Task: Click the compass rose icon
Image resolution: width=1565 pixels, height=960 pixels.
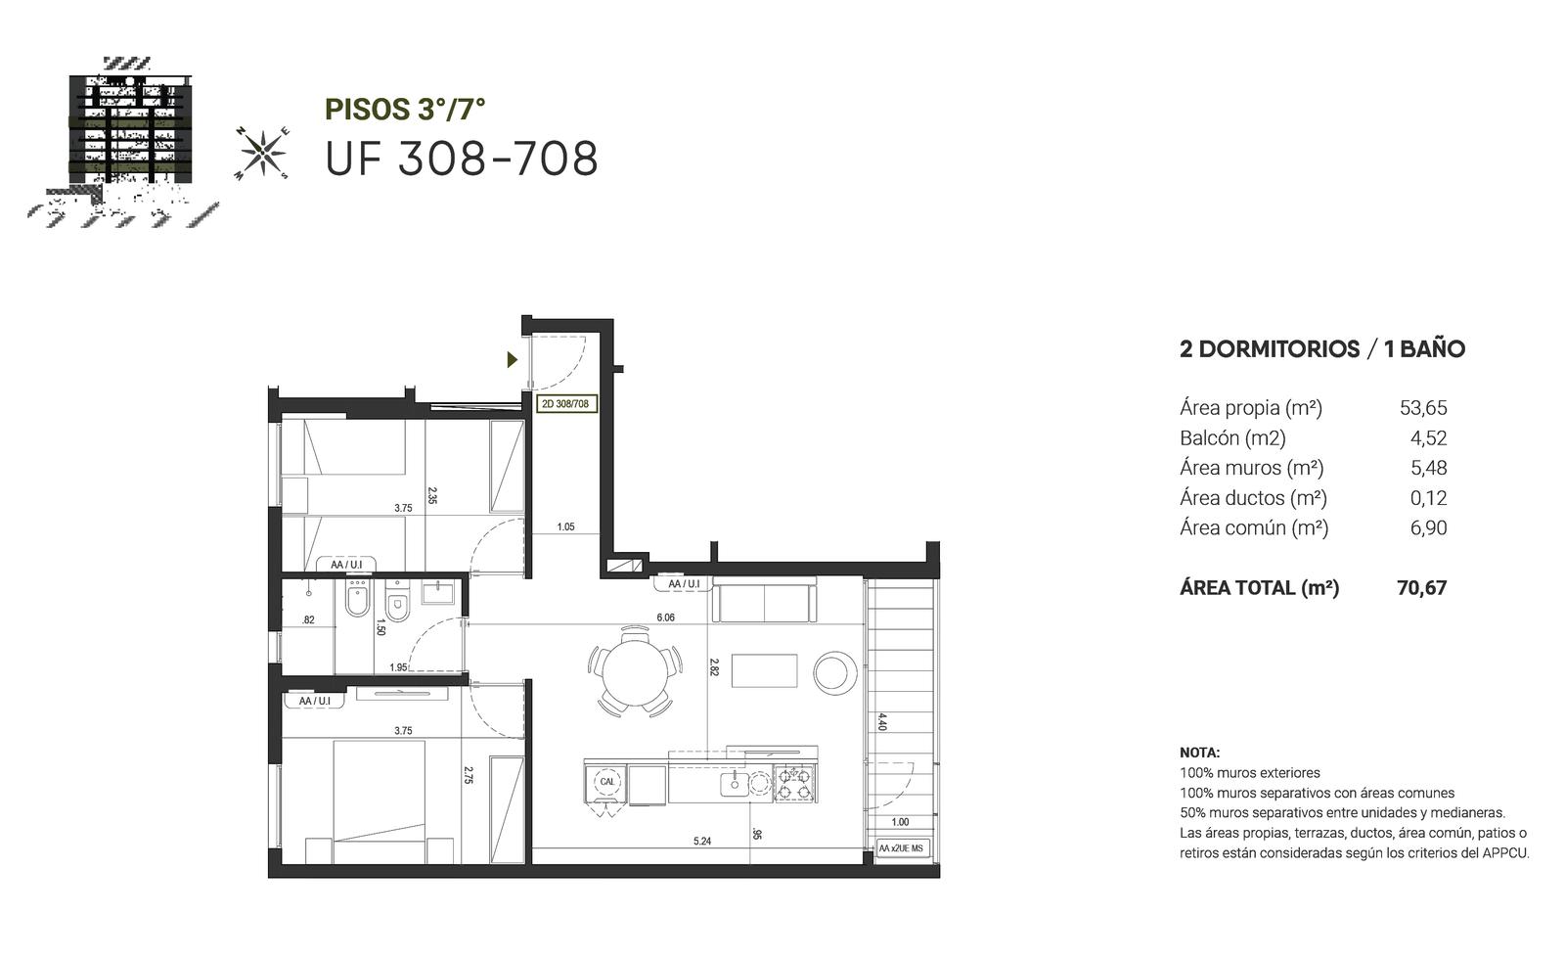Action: [x=262, y=153]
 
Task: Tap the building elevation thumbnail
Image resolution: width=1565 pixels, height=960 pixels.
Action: [x=122, y=142]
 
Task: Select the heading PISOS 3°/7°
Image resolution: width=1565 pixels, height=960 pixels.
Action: [x=405, y=109]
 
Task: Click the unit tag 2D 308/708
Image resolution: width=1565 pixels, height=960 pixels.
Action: [x=566, y=404]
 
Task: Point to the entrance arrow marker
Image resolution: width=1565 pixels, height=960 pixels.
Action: [x=513, y=360]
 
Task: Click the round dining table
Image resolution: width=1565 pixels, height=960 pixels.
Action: [x=635, y=671]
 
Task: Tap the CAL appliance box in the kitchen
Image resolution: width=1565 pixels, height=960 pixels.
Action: [x=607, y=782]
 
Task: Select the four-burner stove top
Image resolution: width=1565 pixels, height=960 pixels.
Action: [x=795, y=783]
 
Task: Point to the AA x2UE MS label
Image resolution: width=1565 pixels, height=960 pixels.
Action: [x=901, y=848]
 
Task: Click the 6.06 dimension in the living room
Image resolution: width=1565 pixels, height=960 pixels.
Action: [x=665, y=618]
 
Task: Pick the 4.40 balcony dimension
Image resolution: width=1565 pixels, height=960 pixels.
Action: [x=882, y=721]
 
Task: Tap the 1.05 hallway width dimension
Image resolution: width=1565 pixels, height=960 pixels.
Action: [x=565, y=527]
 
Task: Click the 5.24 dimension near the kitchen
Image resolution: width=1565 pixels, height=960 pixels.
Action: [x=702, y=842]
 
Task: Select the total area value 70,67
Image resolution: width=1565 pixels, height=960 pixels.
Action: [x=1422, y=588]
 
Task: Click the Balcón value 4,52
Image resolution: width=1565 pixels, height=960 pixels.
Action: [x=1429, y=438]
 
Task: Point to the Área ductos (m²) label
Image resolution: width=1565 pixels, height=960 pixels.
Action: [x=1253, y=498]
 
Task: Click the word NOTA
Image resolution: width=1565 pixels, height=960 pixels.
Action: [x=1199, y=754]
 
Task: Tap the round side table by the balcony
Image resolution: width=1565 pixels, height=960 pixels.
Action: [x=835, y=673]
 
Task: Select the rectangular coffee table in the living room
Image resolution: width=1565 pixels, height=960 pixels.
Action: [x=764, y=671]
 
